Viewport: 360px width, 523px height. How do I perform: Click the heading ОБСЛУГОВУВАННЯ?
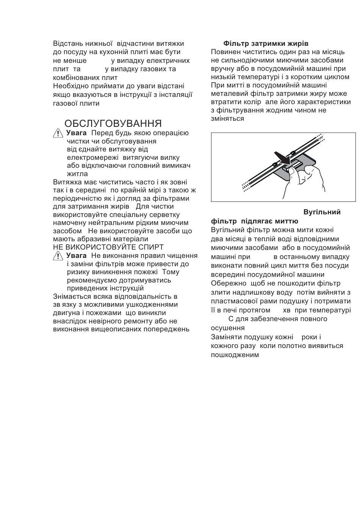click(x=113, y=123)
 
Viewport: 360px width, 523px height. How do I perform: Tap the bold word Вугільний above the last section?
click(x=322, y=212)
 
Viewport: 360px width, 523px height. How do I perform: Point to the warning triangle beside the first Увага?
click(x=58, y=133)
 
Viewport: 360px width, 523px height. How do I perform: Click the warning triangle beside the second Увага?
click(x=58, y=256)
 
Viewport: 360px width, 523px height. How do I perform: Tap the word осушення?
click(x=228, y=328)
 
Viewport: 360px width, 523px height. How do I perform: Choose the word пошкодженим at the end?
click(x=235, y=355)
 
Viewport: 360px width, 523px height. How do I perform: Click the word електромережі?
click(x=91, y=157)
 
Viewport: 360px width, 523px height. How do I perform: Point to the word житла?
click(x=77, y=174)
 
